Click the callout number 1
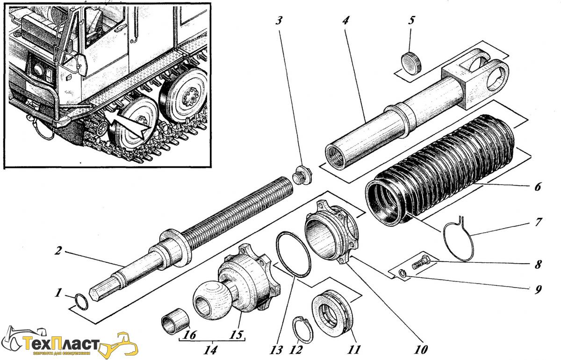[58, 293]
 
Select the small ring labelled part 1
[81, 302]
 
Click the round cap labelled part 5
[411, 62]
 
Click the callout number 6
[537, 187]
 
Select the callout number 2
[58, 251]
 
